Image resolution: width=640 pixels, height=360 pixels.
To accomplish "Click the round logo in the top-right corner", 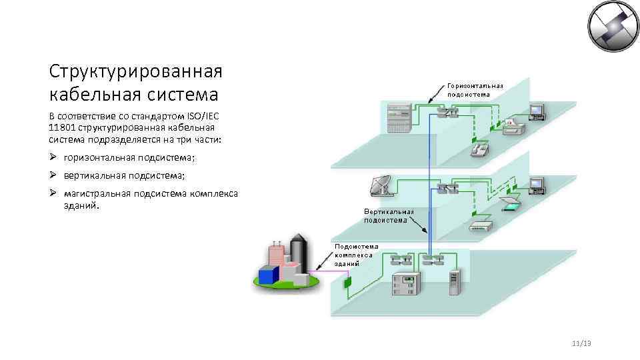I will (x=612, y=27).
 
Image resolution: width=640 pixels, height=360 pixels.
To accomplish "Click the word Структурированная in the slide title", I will (x=136, y=71).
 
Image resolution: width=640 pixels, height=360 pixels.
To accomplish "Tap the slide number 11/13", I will (x=581, y=343).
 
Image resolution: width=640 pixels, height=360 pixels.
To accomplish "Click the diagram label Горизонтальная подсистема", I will (x=475, y=90).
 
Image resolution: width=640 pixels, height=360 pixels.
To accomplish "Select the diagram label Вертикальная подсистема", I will (x=389, y=215).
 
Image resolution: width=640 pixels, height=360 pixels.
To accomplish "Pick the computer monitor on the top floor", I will (x=537, y=111).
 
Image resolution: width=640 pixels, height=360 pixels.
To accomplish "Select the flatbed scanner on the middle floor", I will (x=510, y=203).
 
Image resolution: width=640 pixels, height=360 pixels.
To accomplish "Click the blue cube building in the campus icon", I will (x=269, y=275).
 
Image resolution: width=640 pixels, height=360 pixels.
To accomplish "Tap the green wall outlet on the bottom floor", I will (x=347, y=283).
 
